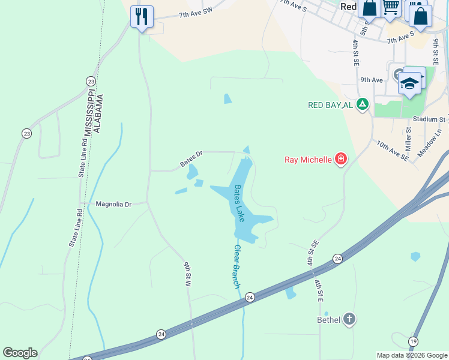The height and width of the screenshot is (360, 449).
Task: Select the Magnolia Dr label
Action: point(113,205)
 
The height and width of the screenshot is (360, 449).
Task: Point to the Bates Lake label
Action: point(239,203)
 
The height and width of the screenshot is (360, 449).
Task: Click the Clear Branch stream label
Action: point(237,266)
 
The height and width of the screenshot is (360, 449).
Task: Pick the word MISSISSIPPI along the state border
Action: point(88,114)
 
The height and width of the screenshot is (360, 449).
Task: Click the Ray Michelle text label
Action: point(308,160)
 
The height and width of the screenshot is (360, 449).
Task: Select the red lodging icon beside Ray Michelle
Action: point(341,159)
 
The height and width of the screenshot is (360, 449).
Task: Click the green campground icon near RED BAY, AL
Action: point(362,104)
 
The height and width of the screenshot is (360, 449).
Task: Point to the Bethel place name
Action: point(328,319)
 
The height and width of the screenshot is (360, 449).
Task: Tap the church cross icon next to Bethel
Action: point(349,319)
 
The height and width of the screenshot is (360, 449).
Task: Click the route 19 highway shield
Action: point(413,341)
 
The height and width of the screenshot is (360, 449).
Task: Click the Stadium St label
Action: point(429,119)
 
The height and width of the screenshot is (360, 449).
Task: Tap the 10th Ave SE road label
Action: point(392,151)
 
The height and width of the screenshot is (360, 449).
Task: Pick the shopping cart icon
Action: point(391,8)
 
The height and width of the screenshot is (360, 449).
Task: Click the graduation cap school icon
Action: point(409,83)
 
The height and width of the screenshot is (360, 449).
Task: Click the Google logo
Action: point(20,353)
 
